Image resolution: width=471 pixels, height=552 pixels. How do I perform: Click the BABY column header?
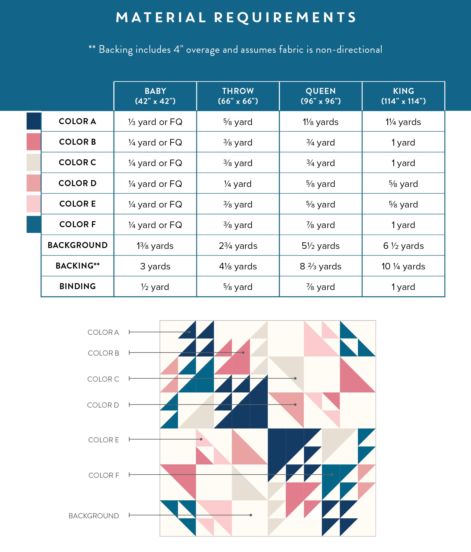tap(155, 96)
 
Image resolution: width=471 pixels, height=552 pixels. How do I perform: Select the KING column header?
tap(403, 96)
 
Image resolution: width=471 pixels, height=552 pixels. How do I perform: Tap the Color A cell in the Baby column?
tap(155, 122)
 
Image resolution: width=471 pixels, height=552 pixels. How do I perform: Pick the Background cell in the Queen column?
tap(321, 246)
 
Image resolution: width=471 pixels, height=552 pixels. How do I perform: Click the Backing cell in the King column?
tap(403, 266)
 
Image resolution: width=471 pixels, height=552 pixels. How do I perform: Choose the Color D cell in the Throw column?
tap(238, 184)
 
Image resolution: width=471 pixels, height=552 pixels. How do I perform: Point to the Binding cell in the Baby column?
tap(155, 287)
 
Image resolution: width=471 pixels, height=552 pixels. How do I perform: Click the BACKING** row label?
tap(78, 266)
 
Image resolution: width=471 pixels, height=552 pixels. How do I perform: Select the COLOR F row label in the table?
tap(78, 224)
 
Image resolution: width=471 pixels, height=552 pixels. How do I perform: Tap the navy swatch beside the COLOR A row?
tap(34, 121)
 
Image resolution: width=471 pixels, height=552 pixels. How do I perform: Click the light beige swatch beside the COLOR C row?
tap(34, 162)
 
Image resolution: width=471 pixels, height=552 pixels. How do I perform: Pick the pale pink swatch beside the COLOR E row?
tap(34, 204)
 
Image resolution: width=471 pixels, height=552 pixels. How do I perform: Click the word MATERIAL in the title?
tap(161, 17)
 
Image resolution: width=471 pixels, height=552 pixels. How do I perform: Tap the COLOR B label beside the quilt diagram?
tap(103, 353)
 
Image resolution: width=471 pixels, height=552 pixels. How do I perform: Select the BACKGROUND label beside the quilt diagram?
tap(94, 516)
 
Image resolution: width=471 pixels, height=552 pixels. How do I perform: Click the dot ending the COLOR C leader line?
tap(295, 378)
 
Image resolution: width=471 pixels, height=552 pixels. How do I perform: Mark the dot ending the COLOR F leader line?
tap(332, 475)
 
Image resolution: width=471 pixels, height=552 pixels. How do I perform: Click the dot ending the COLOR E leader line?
tap(201, 439)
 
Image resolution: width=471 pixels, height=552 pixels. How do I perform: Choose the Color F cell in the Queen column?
tap(321, 225)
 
